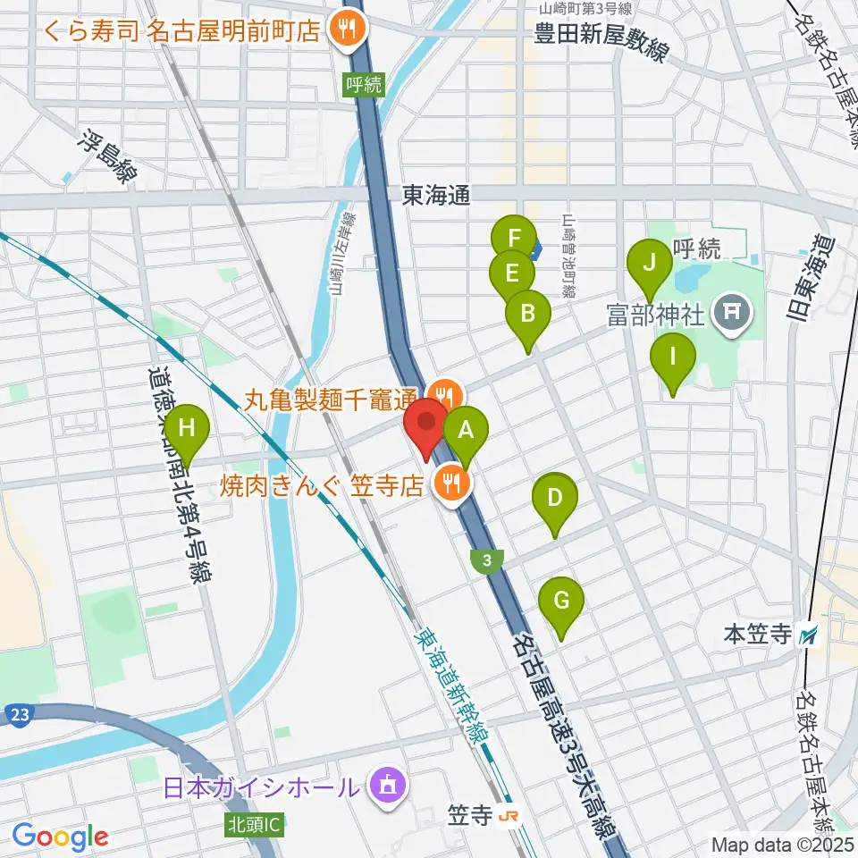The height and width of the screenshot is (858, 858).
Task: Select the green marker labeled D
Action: coord(555,499)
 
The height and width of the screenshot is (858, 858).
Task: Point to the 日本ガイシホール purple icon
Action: coord(387,787)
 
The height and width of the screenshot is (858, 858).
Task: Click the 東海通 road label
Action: coord(436,195)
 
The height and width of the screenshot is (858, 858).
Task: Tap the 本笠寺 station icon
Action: coord(810,635)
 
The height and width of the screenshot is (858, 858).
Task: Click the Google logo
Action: coord(60,837)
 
